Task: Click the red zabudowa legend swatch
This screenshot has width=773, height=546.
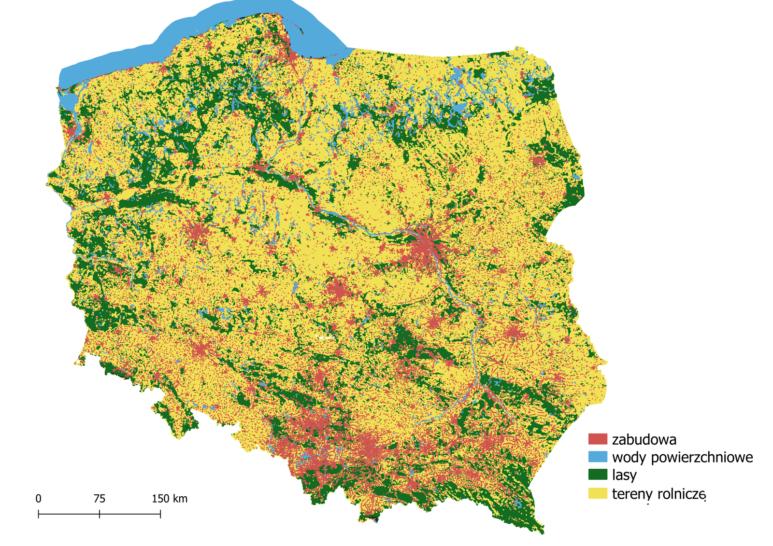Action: [597, 439]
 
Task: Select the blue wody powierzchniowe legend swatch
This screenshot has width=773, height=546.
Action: [597, 457]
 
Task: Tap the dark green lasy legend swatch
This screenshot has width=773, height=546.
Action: [597, 475]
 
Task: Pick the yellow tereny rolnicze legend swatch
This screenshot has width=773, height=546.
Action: [597, 493]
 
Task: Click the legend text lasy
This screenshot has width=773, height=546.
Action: [624, 475]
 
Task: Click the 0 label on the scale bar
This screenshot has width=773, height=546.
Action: [39, 499]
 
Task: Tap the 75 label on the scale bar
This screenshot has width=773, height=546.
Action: [100, 499]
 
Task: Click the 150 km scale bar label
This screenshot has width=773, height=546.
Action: [169, 499]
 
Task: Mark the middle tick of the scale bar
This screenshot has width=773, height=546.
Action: [100, 514]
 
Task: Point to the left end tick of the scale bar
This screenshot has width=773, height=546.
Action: [39, 514]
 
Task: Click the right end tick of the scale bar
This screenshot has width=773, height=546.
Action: [160, 514]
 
